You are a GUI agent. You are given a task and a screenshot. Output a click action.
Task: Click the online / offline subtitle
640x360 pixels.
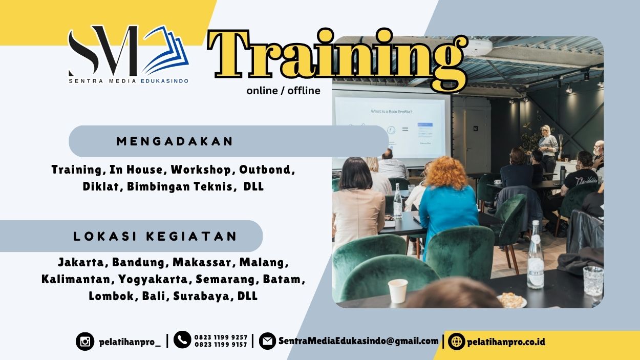(x=283, y=91)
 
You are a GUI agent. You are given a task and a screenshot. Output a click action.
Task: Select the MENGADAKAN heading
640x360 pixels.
(x=175, y=141)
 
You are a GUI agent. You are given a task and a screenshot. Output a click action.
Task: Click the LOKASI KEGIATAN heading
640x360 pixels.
(x=155, y=236)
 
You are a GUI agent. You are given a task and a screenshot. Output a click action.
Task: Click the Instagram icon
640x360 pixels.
(x=85, y=341)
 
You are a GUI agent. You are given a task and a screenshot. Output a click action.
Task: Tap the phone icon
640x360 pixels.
(x=182, y=340)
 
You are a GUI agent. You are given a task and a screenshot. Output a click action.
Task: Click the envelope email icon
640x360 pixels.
(x=267, y=341)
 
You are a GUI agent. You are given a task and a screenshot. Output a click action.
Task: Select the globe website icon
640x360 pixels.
(x=456, y=341)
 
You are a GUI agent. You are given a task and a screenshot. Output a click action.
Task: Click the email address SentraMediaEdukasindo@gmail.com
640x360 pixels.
(x=358, y=341)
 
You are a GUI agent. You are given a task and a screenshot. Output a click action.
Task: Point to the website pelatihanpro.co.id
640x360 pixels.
(x=506, y=342)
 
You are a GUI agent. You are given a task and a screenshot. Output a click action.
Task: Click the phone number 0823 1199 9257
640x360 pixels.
(x=221, y=337)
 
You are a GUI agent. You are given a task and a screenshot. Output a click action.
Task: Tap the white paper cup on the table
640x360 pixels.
(x=398, y=290)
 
